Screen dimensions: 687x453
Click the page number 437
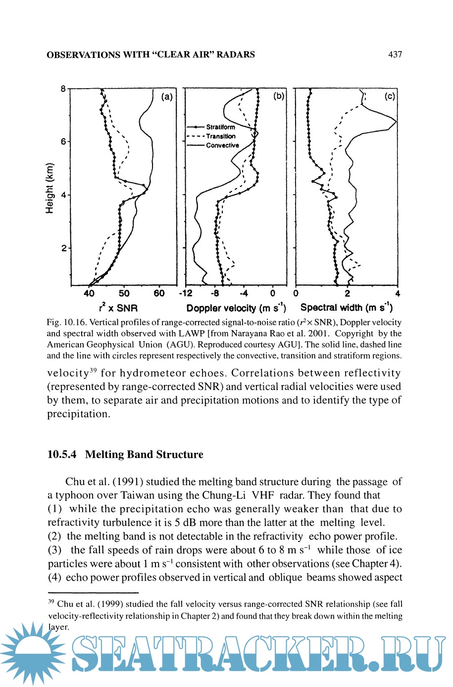click(x=395, y=54)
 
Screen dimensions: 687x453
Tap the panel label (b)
click(x=279, y=96)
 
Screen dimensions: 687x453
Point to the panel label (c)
click(x=390, y=97)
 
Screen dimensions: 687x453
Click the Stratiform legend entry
click(x=220, y=127)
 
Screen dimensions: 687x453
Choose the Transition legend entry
click(x=221, y=136)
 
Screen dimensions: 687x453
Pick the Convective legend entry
click(x=222, y=145)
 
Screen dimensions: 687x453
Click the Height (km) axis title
click(x=50, y=188)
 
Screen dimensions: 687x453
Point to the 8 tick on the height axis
click(x=63, y=89)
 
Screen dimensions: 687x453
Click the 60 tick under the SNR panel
click(x=159, y=294)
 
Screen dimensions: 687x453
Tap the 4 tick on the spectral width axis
click(x=398, y=294)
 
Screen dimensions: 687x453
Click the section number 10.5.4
click(x=62, y=454)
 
